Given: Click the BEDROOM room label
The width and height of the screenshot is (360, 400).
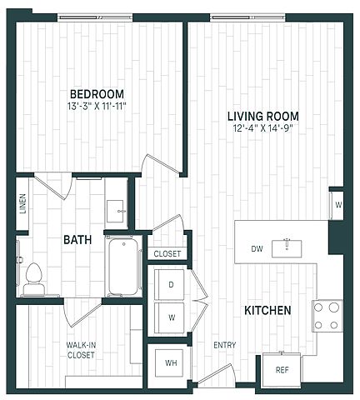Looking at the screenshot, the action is pyautogui.click(x=97, y=94).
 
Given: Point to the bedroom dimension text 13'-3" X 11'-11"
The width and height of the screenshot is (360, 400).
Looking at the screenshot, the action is pyautogui.click(x=97, y=106).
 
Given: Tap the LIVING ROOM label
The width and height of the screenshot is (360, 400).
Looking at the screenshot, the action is pyautogui.click(x=263, y=116).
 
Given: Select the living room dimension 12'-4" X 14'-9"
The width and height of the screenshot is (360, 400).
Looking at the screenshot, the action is pyautogui.click(x=263, y=128).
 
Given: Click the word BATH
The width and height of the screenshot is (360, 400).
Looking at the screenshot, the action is pyautogui.click(x=77, y=239).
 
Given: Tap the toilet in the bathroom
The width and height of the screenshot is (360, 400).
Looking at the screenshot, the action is pyautogui.click(x=33, y=278).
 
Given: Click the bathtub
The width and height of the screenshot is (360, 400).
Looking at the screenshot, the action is pyautogui.click(x=123, y=266).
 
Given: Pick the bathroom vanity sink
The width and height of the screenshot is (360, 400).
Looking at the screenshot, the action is pyautogui.click(x=115, y=212).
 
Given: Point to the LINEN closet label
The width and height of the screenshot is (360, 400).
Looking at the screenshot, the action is pyautogui.click(x=22, y=203).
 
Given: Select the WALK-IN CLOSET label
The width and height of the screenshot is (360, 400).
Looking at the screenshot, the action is pyautogui.click(x=81, y=350).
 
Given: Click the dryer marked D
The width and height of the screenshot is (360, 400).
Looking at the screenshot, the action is pyautogui.click(x=169, y=284).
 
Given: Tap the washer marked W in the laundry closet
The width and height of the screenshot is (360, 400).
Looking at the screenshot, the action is pyautogui.click(x=169, y=317).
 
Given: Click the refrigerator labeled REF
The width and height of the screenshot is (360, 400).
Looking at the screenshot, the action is pyautogui.click(x=282, y=370).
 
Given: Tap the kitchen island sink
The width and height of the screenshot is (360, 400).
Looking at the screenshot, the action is pyautogui.click(x=287, y=248).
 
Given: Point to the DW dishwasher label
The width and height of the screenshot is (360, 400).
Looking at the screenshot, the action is pyautogui.click(x=257, y=249).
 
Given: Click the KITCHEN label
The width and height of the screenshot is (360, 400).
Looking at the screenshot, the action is pyautogui.click(x=267, y=310).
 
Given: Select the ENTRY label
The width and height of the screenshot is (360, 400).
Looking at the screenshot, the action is pyautogui.click(x=225, y=345).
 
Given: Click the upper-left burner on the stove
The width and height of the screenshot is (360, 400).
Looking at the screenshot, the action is pyautogui.click(x=318, y=307).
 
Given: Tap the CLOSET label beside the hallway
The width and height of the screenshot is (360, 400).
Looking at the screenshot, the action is pyautogui.click(x=167, y=253).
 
